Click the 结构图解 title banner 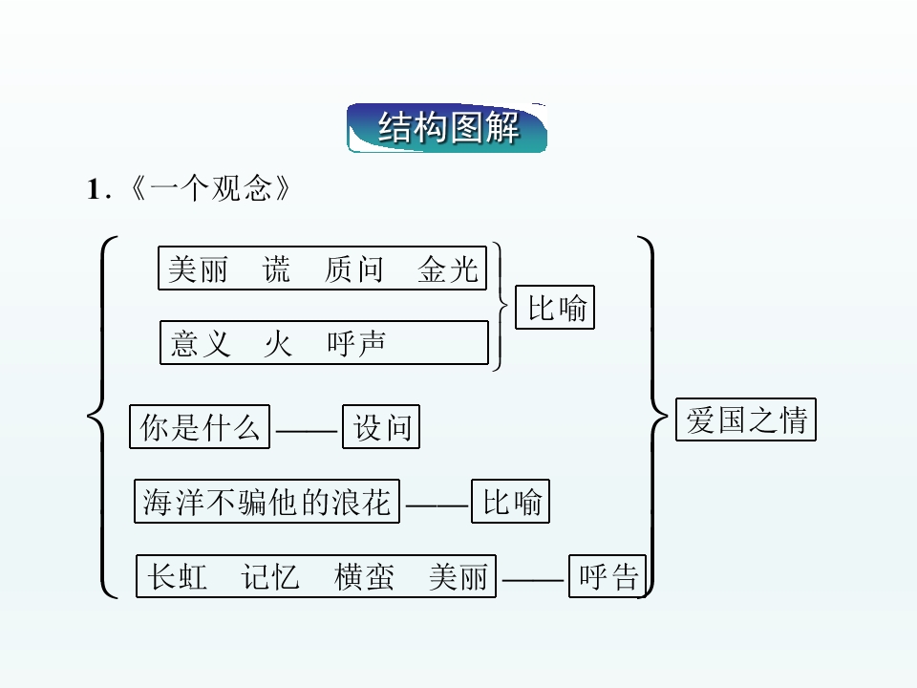tap(447, 128)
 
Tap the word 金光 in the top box tap(447, 269)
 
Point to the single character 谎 tap(276, 269)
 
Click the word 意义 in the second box tap(201, 343)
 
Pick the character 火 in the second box tap(278, 343)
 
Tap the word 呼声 tap(355, 343)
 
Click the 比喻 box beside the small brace tap(555, 308)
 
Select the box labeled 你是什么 tap(200, 427)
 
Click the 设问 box tap(381, 427)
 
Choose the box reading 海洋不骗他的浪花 tap(267, 502)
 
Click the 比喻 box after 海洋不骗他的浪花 tap(511, 502)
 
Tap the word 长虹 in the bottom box tap(178, 576)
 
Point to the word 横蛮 tap(363, 576)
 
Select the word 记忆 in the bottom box tap(270, 576)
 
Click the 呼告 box tap(608, 576)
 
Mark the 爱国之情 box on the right tap(746, 419)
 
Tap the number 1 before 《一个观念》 tap(94, 190)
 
